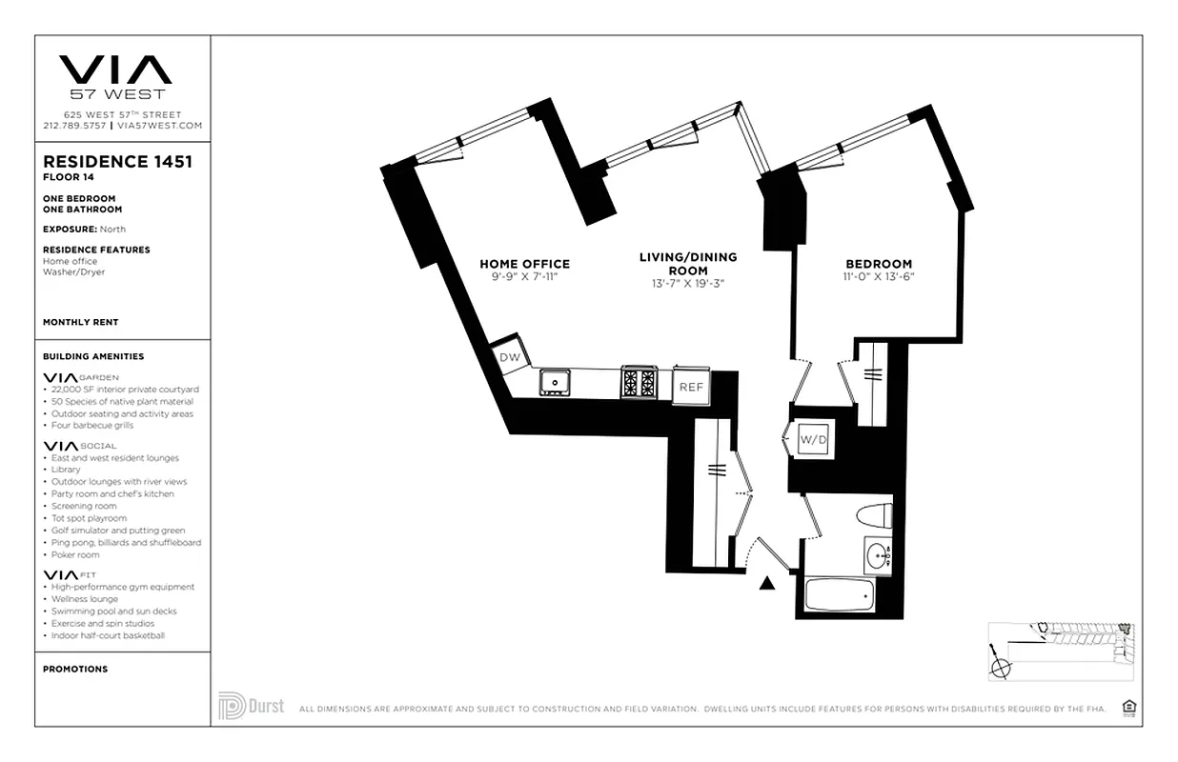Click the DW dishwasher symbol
pos(510,356)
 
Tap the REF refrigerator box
pos(690,387)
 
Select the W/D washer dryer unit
pos(811,440)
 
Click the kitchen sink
pos(554,383)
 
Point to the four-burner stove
pos(639,383)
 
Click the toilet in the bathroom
pos(873,515)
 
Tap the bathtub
pos(840,595)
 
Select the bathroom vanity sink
pos(878,555)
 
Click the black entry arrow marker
pos(767,584)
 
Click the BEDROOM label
pos(878,264)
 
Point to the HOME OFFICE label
pos(524,264)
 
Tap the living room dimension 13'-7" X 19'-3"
pos(687,283)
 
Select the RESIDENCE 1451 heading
pos(117,162)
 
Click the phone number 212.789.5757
pos(74,126)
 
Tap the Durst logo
pos(251,707)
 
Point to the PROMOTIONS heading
pos(75,669)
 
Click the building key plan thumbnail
pos(1061,650)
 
